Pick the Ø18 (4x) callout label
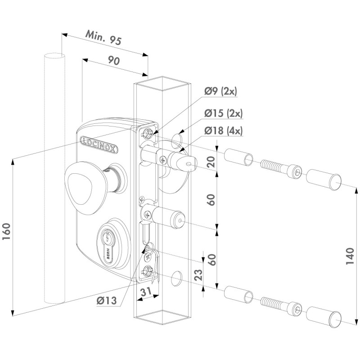pos(223,131)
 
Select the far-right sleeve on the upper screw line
pos(323,180)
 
